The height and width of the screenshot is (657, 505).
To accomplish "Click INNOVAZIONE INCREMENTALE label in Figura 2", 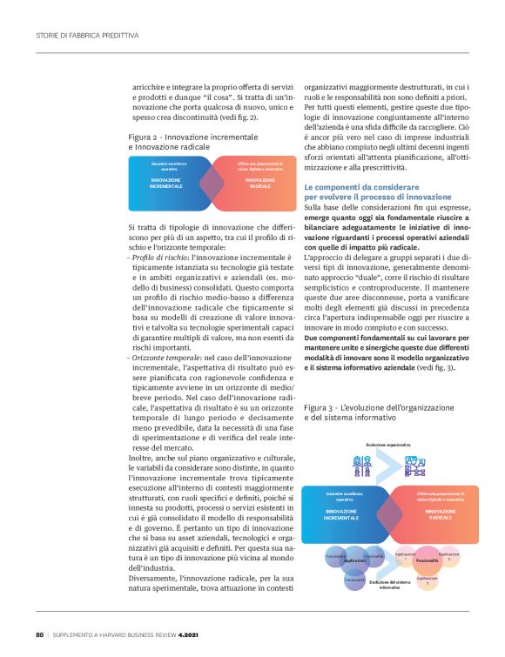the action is pyautogui.click(x=165, y=184).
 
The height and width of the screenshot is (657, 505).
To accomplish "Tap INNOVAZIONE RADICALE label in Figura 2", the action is pyautogui.click(x=259, y=184).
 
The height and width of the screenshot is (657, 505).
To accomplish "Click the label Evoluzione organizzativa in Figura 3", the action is pyautogui.click(x=387, y=445).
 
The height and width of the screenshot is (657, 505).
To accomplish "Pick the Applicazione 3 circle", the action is pyautogui.click(x=427, y=580).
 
